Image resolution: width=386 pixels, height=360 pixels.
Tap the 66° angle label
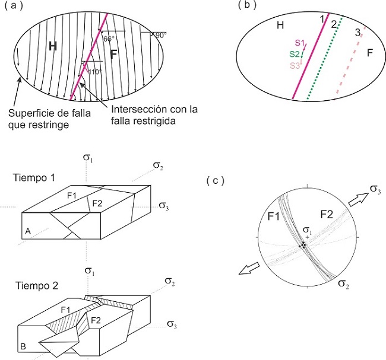(x=107, y=39)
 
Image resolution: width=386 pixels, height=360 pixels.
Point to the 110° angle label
(x=94, y=72)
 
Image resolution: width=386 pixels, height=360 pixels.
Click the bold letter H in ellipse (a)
(x=53, y=46)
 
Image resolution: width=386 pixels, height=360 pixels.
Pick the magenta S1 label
(x=299, y=43)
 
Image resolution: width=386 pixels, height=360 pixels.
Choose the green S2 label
(x=295, y=54)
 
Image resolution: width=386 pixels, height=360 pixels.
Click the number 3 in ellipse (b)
(x=357, y=33)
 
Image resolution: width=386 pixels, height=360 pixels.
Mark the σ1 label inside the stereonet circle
(x=306, y=230)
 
